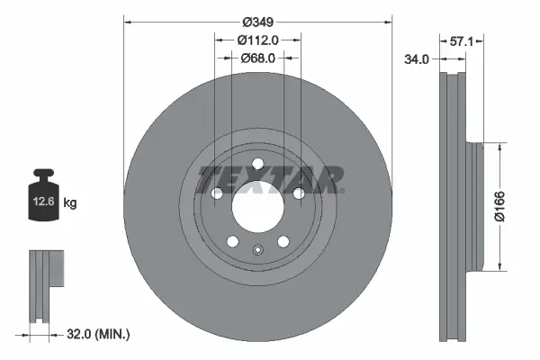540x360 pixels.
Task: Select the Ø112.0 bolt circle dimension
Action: [x=257, y=39]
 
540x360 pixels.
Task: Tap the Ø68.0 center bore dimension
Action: [x=257, y=58]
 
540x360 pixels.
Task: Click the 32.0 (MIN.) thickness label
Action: [x=99, y=334]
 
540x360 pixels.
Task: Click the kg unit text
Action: [x=70, y=203]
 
